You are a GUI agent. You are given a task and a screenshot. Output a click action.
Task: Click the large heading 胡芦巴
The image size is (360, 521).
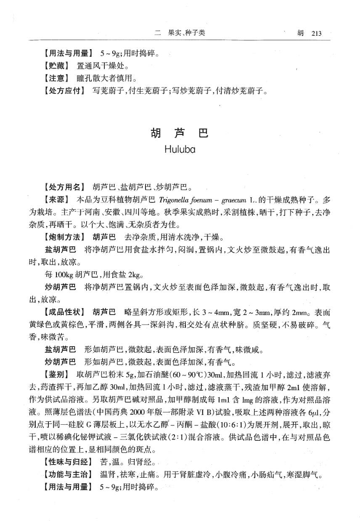(180, 134)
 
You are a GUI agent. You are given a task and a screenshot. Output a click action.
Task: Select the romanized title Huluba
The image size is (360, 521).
(180, 149)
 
